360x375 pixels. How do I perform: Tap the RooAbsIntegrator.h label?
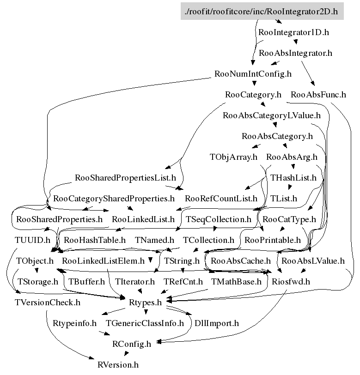(296, 53)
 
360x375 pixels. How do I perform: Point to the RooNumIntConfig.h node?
(253, 74)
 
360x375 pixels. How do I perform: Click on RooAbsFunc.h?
(318, 95)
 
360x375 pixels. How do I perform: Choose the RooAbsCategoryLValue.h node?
(272, 115)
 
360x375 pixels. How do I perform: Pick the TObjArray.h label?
(233, 157)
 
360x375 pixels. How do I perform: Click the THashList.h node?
(293, 178)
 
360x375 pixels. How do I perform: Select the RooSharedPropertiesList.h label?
(126, 178)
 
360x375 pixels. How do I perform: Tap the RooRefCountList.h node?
(221, 199)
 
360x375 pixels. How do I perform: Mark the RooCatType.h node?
(289, 219)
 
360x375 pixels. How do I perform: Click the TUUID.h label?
(32, 240)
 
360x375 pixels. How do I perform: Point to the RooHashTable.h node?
(95, 240)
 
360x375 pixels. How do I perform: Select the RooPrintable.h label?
(273, 240)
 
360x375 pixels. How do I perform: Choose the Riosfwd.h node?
(291, 281)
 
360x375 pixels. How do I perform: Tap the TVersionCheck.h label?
(48, 302)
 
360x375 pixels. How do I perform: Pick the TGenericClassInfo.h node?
(145, 323)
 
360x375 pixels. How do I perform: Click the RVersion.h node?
(118, 364)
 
